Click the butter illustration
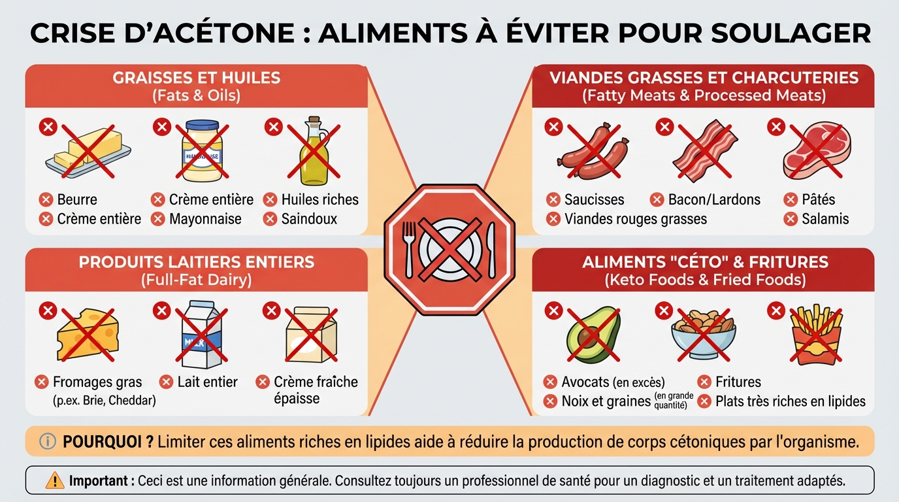(88, 151)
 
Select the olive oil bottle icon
(313, 152)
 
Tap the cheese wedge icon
(88, 334)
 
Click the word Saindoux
(309, 219)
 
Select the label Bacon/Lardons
(714, 199)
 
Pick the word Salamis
(825, 219)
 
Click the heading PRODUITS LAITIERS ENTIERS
(196, 263)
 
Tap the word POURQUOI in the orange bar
(108, 442)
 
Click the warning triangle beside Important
(55, 481)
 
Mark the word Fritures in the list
(738, 382)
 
